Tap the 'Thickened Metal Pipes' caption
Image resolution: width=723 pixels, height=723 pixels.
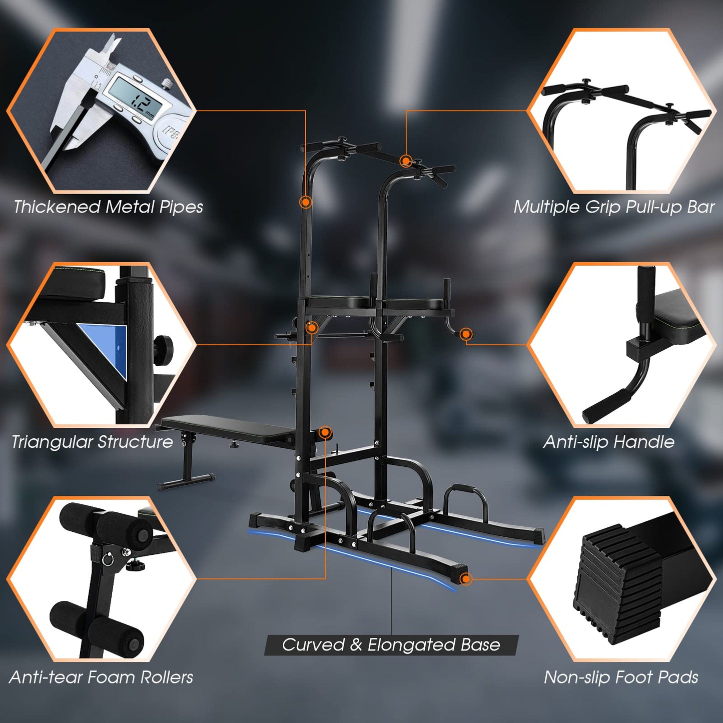108,207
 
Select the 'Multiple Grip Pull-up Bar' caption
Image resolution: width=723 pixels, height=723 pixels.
614,207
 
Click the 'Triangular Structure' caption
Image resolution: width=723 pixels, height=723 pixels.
92,442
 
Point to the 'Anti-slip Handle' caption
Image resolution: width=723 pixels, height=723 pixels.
608,442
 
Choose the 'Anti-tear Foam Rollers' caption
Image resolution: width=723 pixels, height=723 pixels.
101,677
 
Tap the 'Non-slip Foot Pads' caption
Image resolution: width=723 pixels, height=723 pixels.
621,677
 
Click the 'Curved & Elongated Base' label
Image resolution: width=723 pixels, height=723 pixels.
391,645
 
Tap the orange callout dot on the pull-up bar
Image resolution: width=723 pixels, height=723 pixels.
406,161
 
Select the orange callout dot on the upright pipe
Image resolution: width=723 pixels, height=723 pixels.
306,202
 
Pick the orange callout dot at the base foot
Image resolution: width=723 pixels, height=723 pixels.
466,579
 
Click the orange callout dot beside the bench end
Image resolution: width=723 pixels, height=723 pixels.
325,432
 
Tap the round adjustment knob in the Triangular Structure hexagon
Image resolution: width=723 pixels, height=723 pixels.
163,346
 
